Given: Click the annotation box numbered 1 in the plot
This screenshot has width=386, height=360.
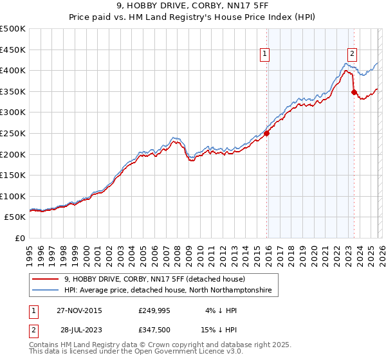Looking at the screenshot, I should (265, 54).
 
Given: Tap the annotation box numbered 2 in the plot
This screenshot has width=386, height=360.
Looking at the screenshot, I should (353, 54).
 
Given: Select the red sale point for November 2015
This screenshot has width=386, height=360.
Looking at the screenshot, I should (266, 134).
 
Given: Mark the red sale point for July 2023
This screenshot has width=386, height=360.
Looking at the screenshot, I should (354, 93).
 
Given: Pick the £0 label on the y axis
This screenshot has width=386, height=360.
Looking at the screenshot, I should (19, 238).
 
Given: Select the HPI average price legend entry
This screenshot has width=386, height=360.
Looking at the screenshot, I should (168, 291).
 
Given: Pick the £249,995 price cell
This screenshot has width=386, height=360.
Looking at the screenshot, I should (154, 310).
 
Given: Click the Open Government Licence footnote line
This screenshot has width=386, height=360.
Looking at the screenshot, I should (136, 352).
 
